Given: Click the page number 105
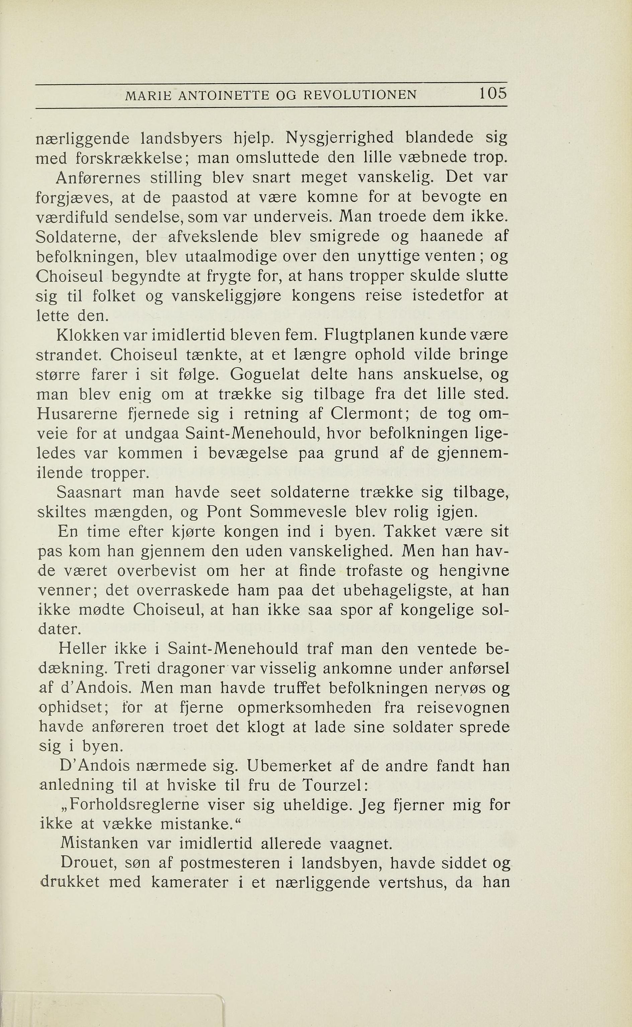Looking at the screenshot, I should point(493,93).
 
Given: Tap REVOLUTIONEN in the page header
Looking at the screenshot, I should point(360,96).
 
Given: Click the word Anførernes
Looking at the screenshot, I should point(99,178).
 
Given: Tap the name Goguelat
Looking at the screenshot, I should point(265,374).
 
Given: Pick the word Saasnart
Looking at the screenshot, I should point(89,492).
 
